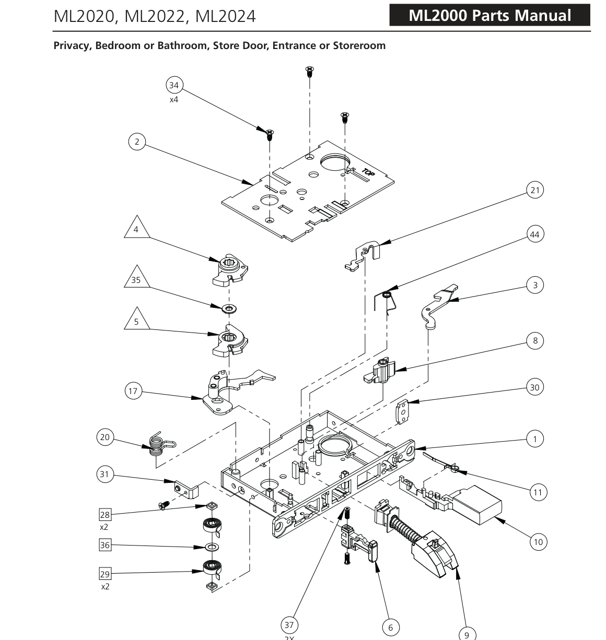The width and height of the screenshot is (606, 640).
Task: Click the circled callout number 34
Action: tap(174, 85)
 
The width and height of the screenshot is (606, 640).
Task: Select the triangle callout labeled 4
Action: tap(136, 228)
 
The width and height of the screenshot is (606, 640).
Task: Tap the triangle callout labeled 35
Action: tap(136, 278)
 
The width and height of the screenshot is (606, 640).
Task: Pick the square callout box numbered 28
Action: tap(105, 515)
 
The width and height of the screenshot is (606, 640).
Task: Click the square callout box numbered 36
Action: tap(105, 545)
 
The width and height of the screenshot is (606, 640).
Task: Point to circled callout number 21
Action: tap(535, 190)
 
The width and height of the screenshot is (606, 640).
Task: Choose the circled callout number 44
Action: tap(535, 234)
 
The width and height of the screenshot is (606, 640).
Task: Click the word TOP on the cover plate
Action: tap(368, 172)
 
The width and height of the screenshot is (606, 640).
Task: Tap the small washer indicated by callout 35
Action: tap(229, 309)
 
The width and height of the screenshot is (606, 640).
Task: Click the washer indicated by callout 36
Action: tap(212, 547)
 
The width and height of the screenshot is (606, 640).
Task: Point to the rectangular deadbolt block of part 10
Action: tap(477, 504)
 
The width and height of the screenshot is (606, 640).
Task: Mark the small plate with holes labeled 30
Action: tap(402, 411)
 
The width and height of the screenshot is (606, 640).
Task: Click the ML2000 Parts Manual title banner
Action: tap(490, 15)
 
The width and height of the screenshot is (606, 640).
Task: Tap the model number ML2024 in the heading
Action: tap(225, 16)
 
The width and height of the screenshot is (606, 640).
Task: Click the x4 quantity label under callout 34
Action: tap(174, 100)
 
